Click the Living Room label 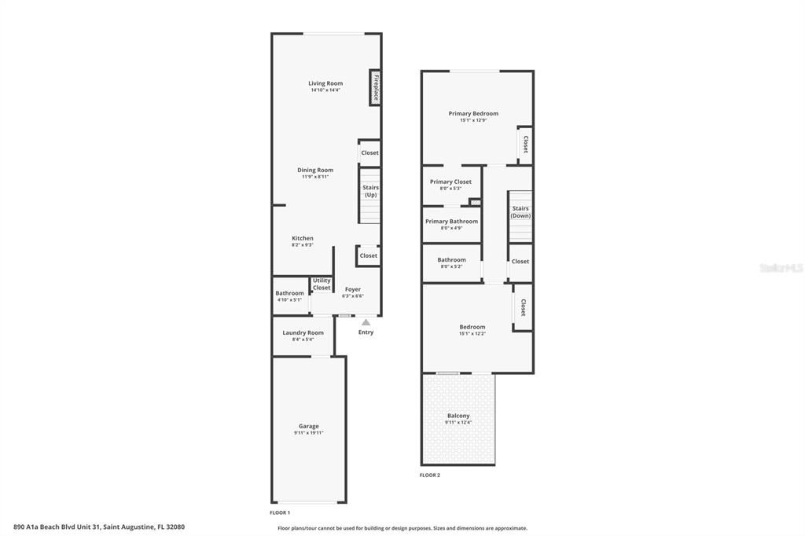[325, 83]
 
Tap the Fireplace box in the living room [376, 87]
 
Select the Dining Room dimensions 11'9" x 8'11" [315, 177]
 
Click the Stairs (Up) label [370, 191]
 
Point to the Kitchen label [303, 238]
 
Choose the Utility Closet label [322, 285]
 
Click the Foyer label [353, 289]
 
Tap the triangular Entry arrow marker [366, 321]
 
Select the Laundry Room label [303, 332]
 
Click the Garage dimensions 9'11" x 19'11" [309, 433]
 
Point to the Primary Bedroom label [473, 113]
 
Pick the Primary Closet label [450, 182]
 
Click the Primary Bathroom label [451, 221]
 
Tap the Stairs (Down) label [520, 211]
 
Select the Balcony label [458, 416]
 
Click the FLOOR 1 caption [280, 512]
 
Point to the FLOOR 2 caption [430, 475]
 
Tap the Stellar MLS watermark [781, 268]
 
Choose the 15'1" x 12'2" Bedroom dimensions [472, 334]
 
